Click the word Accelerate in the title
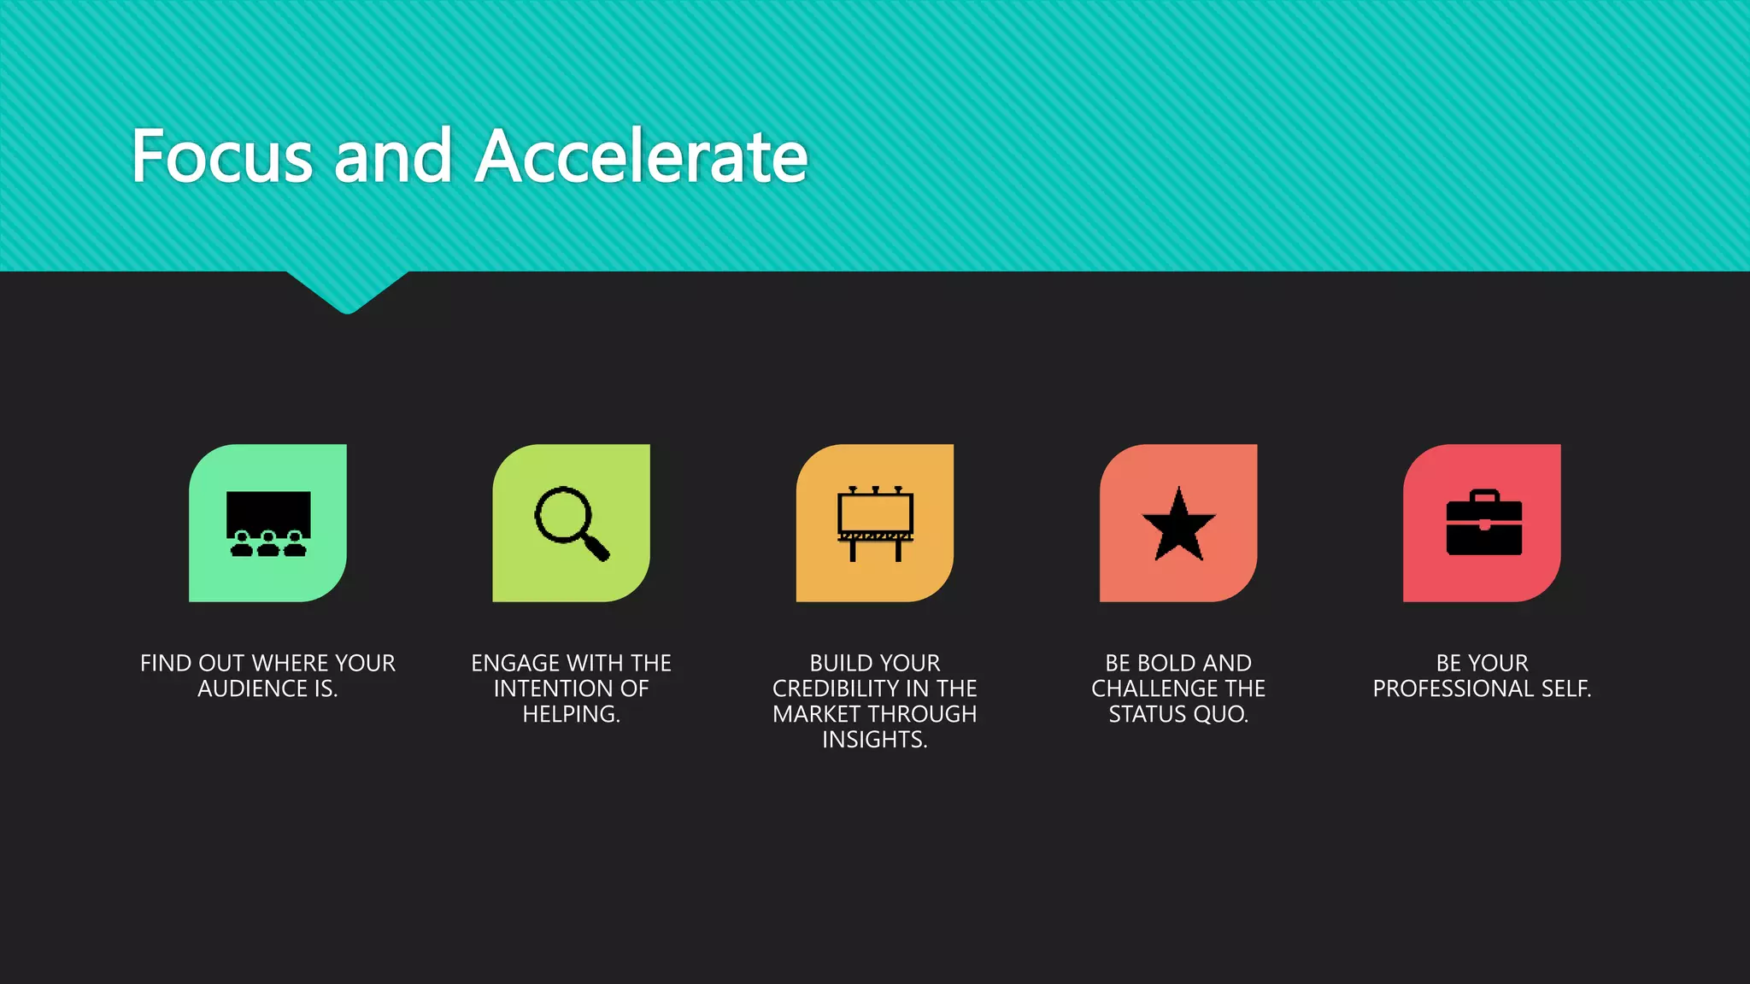click(x=641, y=156)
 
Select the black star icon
click(x=1178, y=524)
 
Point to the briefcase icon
click(x=1483, y=523)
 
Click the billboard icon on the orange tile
click(x=875, y=523)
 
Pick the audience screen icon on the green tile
click(x=268, y=523)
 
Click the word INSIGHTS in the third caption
click(x=873, y=740)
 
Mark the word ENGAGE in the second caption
click(x=515, y=664)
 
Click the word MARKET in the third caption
click(x=815, y=715)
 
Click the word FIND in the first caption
click(x=166, y=664)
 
